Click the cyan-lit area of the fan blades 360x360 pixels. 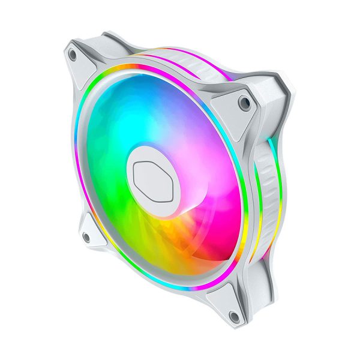[x=114, y=120]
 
